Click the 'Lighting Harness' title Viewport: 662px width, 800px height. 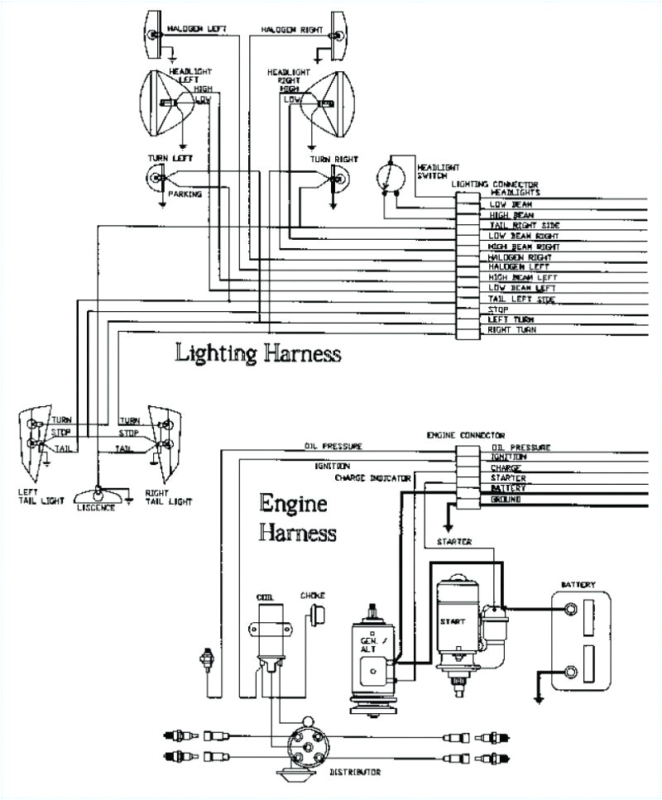[257, 353]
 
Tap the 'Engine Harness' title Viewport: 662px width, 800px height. [296, 517]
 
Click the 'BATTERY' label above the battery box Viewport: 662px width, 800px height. [578, 585]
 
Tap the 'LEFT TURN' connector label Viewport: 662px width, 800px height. [511, 319]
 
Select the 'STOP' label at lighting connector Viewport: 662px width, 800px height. [498, 309]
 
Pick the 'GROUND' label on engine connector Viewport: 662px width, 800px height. [505, 500]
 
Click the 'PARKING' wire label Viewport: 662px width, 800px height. [185, 194]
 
